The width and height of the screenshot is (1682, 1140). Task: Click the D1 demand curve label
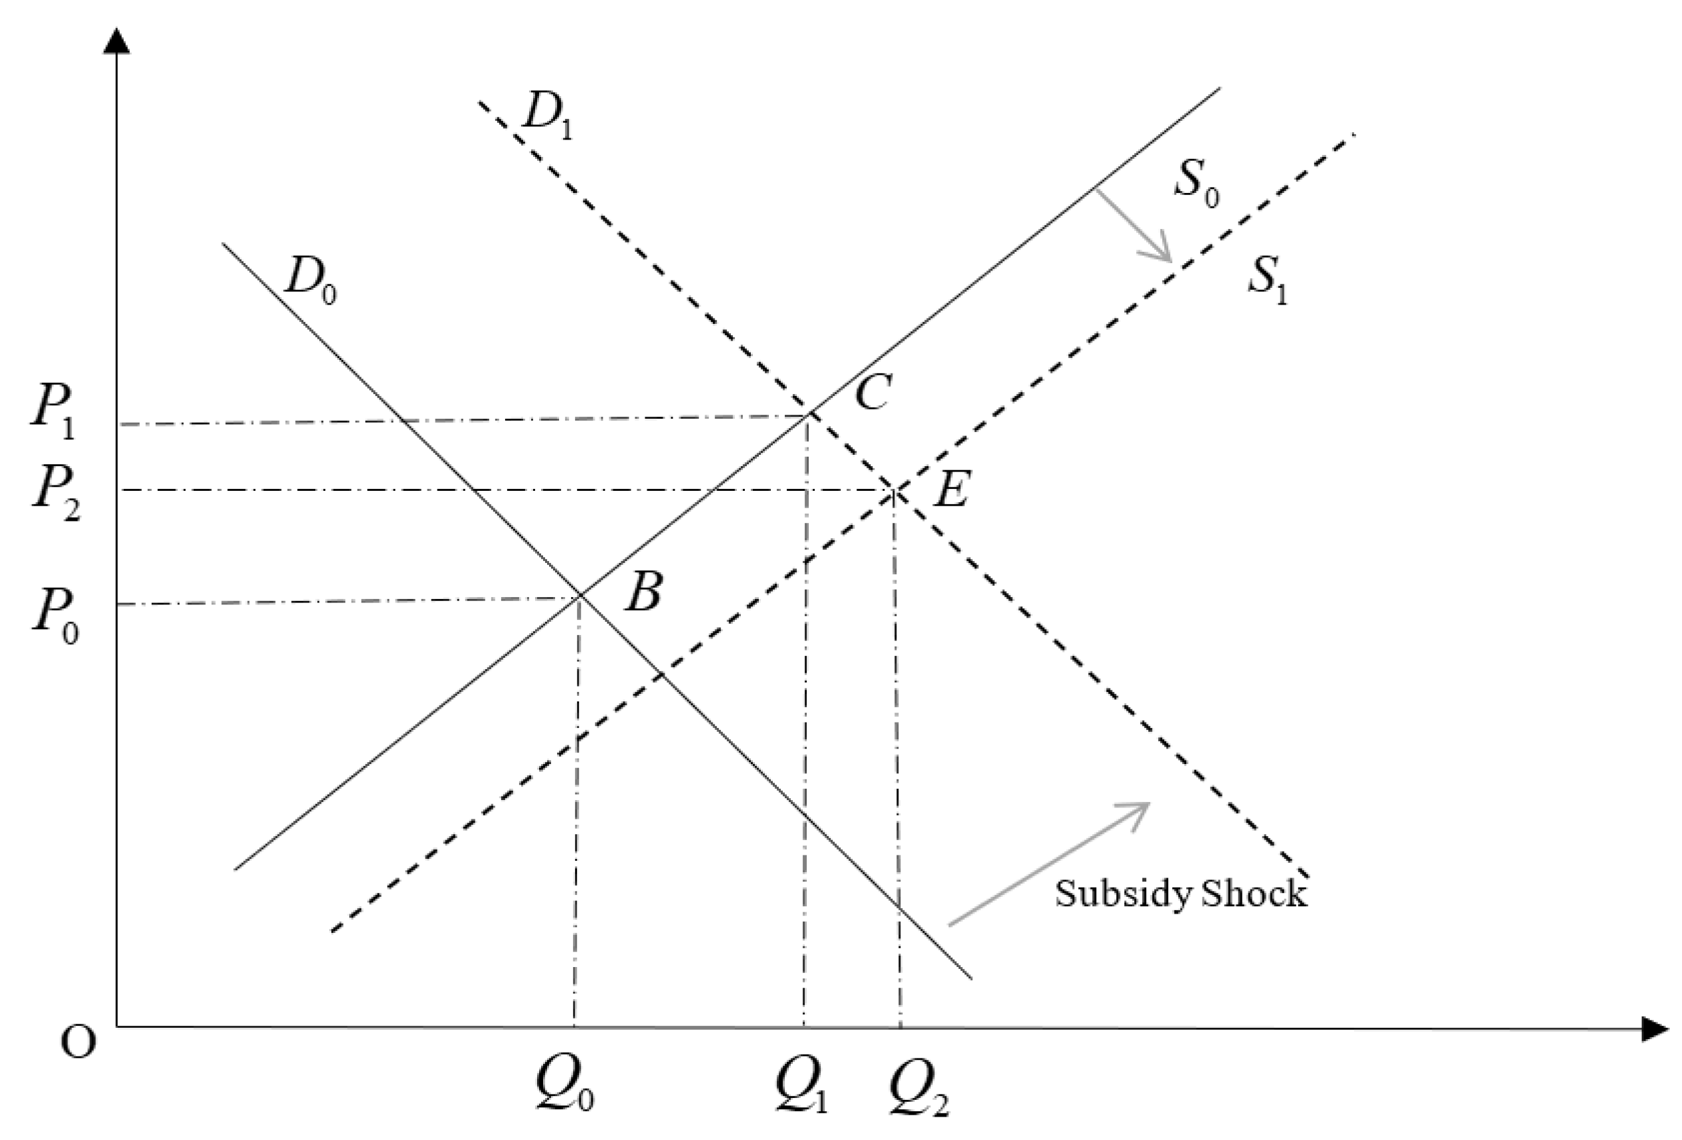(546, 116)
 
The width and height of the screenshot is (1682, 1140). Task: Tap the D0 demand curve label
(311, 278)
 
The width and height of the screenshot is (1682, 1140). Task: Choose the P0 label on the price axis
(55, 614)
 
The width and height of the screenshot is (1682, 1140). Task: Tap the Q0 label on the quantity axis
(564, 1086)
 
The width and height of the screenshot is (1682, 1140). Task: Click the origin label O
(77, 1043)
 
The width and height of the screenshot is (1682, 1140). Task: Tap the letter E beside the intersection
(951, 490)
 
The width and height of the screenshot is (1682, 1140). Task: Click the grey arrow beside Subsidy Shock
(1049, 864)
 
